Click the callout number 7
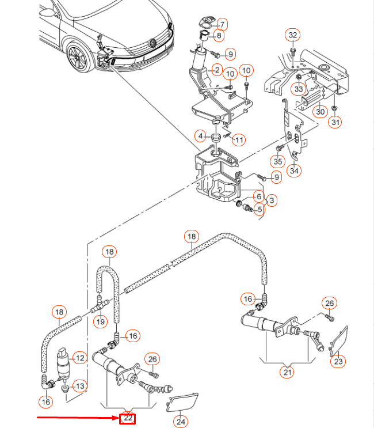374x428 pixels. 222,24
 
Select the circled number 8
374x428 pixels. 219,36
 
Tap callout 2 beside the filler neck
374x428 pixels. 217,70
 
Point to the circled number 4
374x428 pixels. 200,137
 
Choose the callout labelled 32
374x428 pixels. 293,36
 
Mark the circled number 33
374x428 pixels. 299,89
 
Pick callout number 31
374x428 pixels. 335,122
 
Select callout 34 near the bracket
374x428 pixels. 295,170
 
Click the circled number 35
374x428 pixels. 279,161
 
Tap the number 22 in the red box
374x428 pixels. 127,418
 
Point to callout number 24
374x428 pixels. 181,421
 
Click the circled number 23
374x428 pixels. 338,362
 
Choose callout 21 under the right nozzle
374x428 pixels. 287,373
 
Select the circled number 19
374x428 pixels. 101,321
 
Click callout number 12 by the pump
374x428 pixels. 80,358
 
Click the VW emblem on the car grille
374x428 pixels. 152,43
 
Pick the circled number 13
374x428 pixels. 80,386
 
